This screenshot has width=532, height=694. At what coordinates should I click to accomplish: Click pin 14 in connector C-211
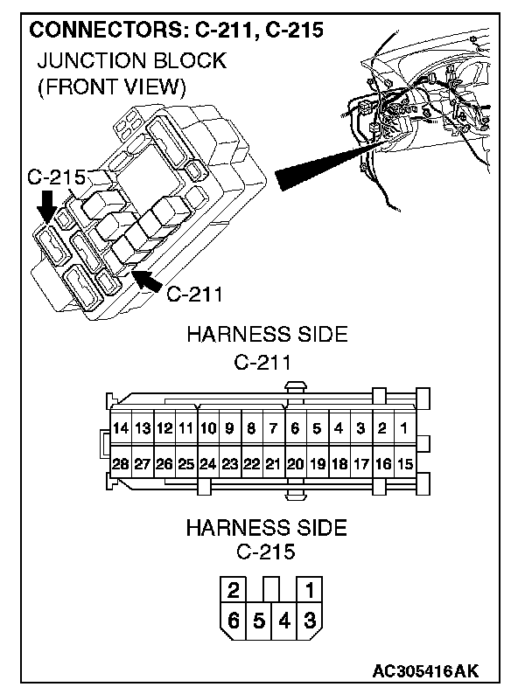[x=122, y=428]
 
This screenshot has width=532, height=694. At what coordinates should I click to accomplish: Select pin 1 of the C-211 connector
[x=403, y=428]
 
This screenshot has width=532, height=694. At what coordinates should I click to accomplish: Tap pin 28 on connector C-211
[x=122, y=463]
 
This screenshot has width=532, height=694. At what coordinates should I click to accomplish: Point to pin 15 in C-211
[x=403, y=463]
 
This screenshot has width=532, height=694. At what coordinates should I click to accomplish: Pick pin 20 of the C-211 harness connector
[x=295, y=463]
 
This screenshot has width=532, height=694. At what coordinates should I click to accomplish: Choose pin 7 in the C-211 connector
[x=273, y=428]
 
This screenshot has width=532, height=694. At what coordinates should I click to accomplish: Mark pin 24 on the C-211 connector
[x=208, y=463]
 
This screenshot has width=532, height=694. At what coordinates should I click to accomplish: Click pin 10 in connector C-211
[x=208, y=428]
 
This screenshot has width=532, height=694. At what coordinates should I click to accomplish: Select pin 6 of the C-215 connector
[x=234, y=622]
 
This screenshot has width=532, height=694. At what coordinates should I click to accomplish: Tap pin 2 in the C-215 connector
[x=234, y=590]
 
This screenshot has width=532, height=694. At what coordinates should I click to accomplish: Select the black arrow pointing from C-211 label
[x=145, y=281]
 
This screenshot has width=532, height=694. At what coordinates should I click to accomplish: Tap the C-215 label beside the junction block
[x=54, y=177]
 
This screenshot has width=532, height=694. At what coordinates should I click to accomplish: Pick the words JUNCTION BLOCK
[x=131, y=61]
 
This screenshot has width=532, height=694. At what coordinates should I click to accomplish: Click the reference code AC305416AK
[x=426, y=671]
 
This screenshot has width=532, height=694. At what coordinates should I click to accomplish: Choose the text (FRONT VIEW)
[x=111, y=87]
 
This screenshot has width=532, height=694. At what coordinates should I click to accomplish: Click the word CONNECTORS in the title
[x=99, y=31]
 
